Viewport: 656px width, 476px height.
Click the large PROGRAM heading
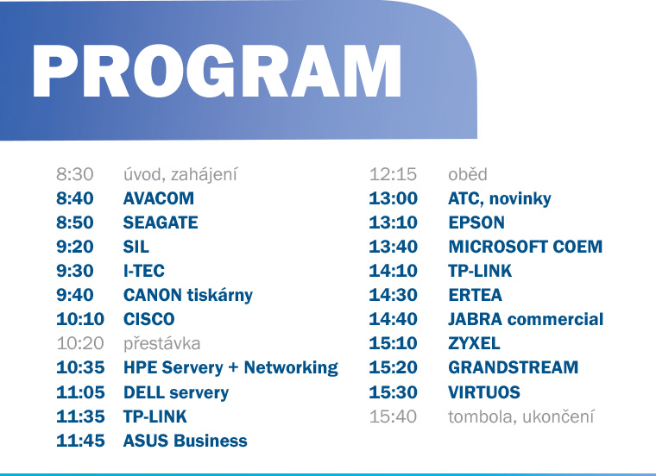tap(218, 71)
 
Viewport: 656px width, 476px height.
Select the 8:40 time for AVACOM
tap(75, 198)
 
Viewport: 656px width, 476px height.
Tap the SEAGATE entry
tap(161, 222)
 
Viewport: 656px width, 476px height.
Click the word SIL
tap(136, 247)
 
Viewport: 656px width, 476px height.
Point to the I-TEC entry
tap(144, 271)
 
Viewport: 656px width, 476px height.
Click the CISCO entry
tap(149, 319)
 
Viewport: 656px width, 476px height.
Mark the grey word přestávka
tap(162, 344)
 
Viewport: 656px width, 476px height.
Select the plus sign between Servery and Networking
tap(233, 367)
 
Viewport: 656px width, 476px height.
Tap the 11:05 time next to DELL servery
tap(80, 392)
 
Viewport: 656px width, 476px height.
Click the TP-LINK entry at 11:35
tap(155, 416)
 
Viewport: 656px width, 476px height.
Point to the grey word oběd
tap(468, 174)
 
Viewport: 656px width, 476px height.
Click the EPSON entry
tap(476, 222)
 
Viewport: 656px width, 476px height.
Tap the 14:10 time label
tap(394, 271)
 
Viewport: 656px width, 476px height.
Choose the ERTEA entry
tap(476, 295)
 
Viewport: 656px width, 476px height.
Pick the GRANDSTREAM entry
tap(514, 367)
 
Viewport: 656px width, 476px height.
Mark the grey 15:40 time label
tap(394, 416)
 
